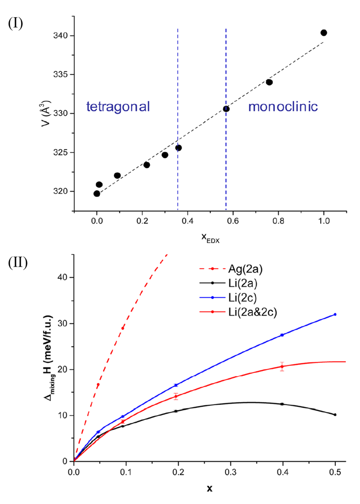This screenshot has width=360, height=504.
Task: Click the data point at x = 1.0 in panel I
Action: click(x=324, y=33)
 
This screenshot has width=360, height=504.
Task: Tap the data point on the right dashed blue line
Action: click(x=226, y=109)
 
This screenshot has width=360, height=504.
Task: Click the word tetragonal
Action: click(x=118, y=107)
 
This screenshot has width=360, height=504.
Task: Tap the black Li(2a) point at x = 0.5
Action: click(x=335, y=414)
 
